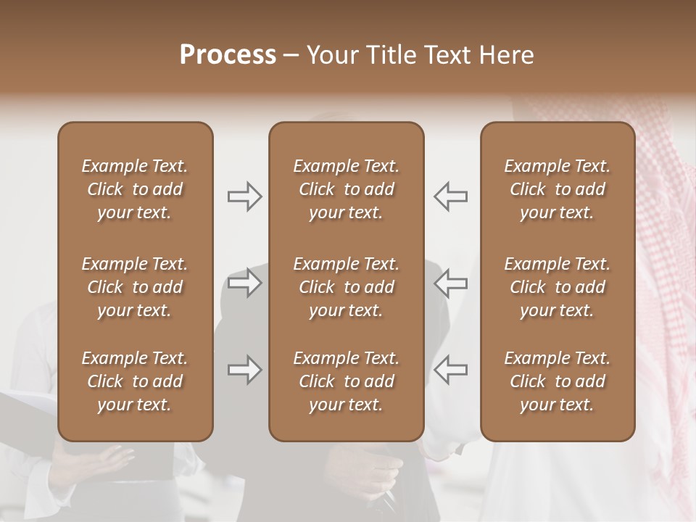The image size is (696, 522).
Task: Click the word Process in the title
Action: coord(228,54)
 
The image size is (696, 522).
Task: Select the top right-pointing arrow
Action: coord(245,196)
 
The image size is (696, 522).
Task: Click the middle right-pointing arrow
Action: coord(245,282)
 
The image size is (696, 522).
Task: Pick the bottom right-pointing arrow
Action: coord(245,370)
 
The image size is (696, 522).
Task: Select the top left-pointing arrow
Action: coord(450,196)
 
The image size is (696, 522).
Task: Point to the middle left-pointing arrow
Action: coord(450,282)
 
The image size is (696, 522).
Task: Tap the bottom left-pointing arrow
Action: coord(450,370)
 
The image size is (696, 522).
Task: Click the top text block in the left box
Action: coord(135,189)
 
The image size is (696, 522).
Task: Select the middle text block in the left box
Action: coord(135,287)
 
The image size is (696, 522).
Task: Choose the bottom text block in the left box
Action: coord(135,381)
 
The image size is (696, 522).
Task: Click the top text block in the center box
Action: coord(346,189)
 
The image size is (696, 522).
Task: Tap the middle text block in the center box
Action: coord(346,287)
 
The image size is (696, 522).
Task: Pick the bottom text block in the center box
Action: coord(346,381)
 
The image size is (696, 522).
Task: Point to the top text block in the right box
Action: coord(557,189)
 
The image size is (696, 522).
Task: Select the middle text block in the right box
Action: coord(557,287)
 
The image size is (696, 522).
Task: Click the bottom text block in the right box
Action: coord(557,381)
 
